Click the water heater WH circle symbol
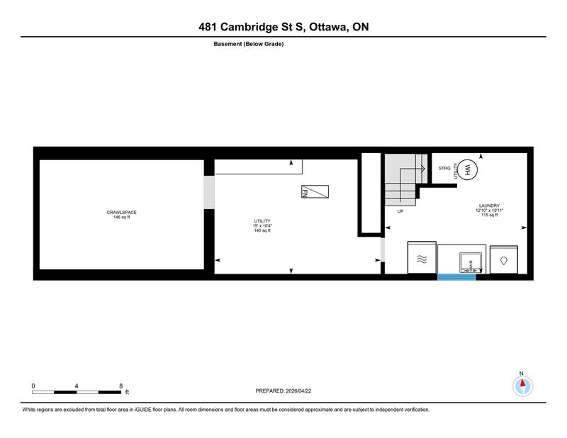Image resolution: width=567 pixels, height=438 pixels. point(466,169)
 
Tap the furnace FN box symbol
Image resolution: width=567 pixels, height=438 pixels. point(314,192)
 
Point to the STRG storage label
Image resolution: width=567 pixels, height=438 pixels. point(444,168)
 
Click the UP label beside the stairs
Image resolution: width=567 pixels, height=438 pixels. point(400,211)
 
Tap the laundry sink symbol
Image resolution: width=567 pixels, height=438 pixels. point(470,262)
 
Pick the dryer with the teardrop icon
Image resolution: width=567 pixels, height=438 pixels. point(503,260)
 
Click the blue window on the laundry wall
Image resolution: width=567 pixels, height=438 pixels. point(456,276)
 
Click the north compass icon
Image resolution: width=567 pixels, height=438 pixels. point(522,385)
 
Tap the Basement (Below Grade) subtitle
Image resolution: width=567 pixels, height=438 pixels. point(249,44)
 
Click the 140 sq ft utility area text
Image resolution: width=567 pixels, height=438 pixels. point(262,230)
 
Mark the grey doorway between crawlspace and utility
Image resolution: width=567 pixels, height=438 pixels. point(208,192)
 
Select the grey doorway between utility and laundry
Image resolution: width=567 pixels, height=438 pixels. point(382,250)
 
